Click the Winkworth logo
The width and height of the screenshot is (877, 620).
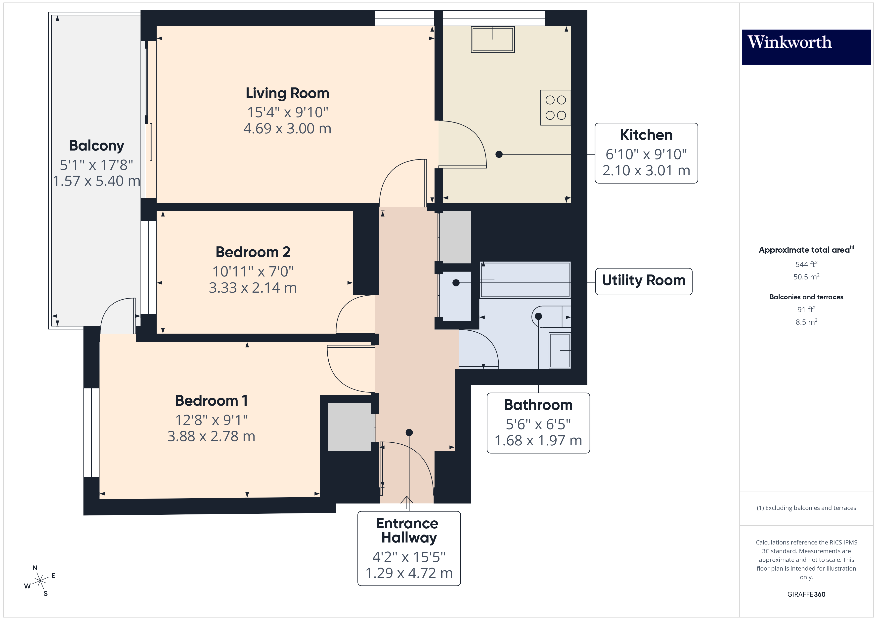coord(806,47)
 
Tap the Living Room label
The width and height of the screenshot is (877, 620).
coord(287,93)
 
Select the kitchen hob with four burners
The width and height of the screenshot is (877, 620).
coord(555,108)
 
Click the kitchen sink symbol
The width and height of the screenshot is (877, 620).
coord(493,39)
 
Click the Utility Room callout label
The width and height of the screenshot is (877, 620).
coord(644,281)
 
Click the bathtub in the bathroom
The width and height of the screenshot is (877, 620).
coord(525,280)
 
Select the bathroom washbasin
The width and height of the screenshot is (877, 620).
coord(560,350)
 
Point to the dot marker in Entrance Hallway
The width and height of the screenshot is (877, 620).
coord(409,432)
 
